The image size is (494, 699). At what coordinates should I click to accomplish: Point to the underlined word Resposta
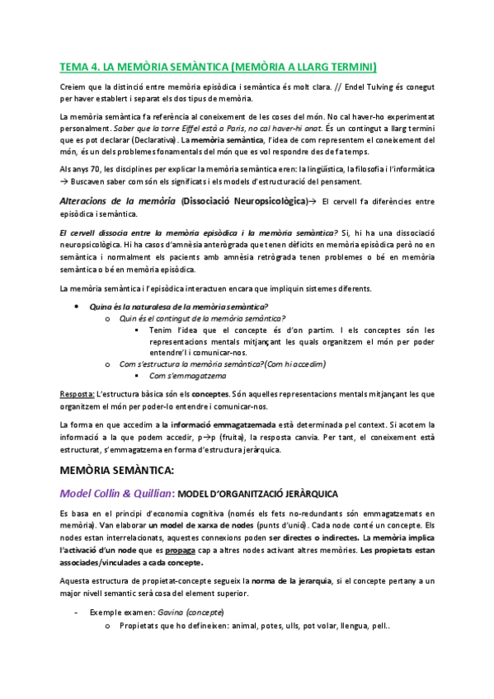click(76, 394)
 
